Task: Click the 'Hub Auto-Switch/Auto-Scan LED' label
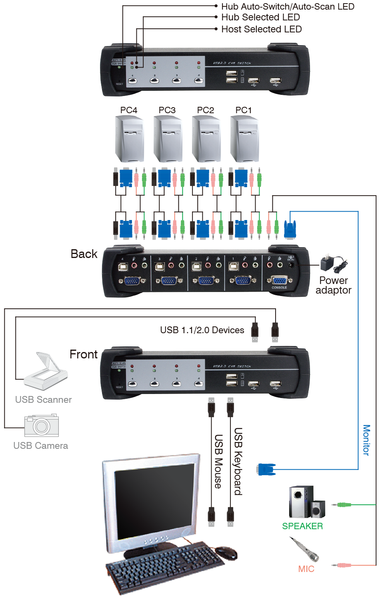(288, 6)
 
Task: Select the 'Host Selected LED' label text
(261, 29)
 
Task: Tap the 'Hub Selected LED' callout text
(260, 17)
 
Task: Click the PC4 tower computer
(129, 138)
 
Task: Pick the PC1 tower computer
(244, 138)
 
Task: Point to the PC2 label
(206, 110)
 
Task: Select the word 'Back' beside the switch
(84, 254)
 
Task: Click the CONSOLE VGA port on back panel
(279, 280)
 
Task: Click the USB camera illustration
(41, 425)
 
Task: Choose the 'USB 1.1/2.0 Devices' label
(202, 330)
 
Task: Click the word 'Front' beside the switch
(84, 354)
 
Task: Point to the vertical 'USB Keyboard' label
(238, 461)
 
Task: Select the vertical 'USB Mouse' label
(218, 461)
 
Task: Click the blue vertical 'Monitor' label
(366, 440)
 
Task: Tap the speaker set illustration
(306, 502)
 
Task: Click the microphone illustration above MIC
(305, 550)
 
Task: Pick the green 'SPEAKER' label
(302, 526)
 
